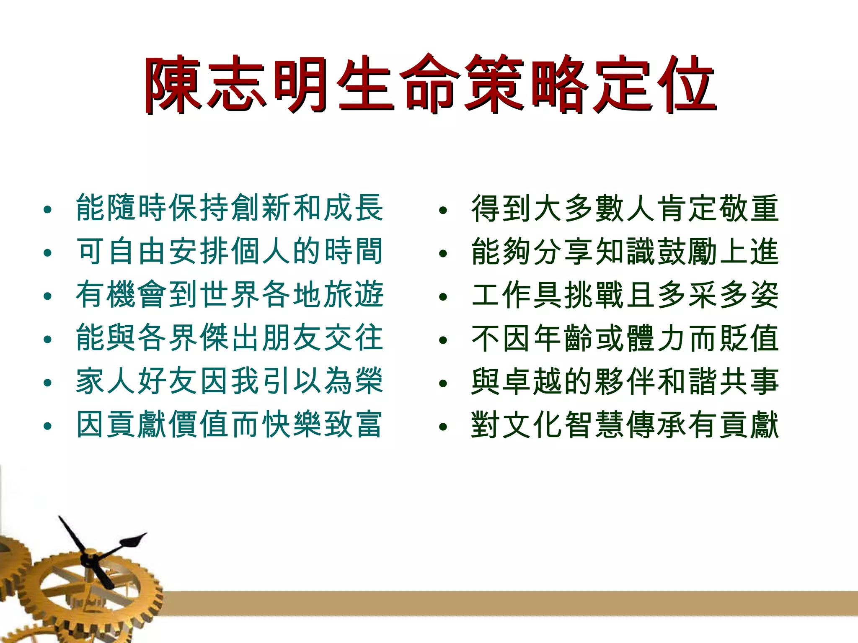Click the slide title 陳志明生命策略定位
(x=430, y=85)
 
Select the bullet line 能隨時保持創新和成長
(x=230, y=208)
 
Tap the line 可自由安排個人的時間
(x=230, y=251)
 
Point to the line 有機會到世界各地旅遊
(x=230, y=295)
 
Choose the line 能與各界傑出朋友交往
(x=230, y=338)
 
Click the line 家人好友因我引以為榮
(x=230, y=381)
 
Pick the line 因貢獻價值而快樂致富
(x=230, y=424)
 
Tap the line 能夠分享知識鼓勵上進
(x=625, y=252)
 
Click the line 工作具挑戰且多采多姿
(x=625, y=295)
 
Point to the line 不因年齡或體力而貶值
(x=625, y=339)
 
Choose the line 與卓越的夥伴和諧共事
(x=625, y=382)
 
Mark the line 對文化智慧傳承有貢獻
(x=625, y=425)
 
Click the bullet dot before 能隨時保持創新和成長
(x=47, y=210)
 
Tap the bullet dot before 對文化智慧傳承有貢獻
(x=443, y=427)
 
